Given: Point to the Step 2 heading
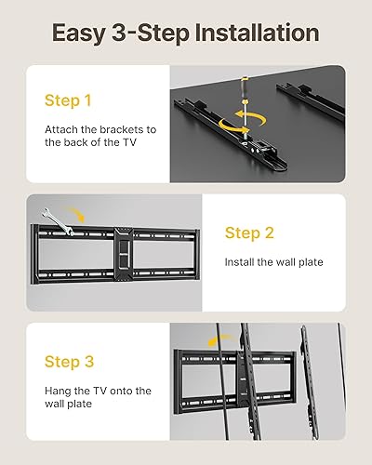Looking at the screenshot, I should coord(250,232).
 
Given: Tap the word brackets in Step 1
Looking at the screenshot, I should coord(116,131).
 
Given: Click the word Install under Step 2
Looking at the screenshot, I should coord(241,262).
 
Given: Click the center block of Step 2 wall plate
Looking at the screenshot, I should coord(120,252).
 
